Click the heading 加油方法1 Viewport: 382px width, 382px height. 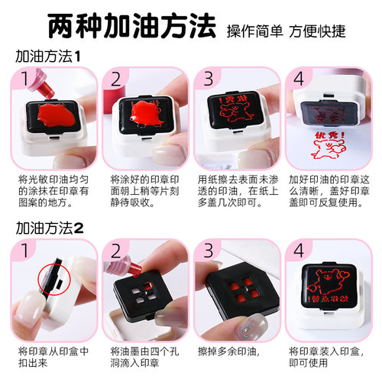(x=48, y=57)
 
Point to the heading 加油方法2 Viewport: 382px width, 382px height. (x=49, y=226)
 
